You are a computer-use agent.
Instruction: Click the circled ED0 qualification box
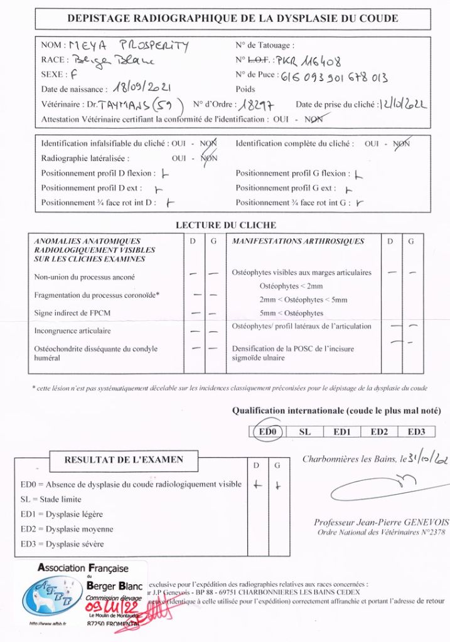[270, 431]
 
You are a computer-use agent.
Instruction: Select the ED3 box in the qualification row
[416, 431]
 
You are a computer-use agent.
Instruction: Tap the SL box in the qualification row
[304, 431]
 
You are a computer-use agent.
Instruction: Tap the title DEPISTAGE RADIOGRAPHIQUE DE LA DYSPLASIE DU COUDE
[232, 18]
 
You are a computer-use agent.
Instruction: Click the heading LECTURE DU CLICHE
[225, 225]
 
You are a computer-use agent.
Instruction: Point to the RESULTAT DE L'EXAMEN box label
[124, 460]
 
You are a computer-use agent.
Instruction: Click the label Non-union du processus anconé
[84, 276]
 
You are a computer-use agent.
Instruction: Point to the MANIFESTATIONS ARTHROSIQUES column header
[298, 241]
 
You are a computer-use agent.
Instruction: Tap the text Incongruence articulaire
[72, 330]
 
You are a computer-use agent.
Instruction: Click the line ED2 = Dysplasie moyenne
[62, 529]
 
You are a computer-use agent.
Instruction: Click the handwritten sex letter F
[74, 74]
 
